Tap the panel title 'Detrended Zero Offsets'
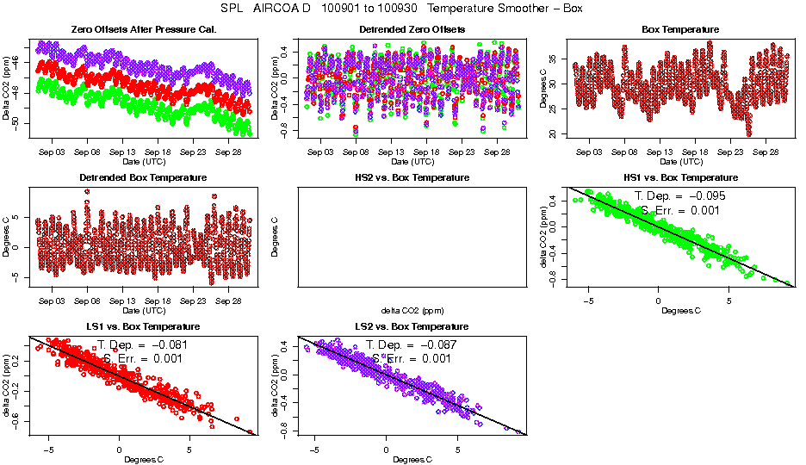(x=412, y=29)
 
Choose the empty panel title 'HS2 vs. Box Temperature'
(x=412, y=177)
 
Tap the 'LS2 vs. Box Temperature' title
(x=412, y=326)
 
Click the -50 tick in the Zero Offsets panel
(x=16, y=123)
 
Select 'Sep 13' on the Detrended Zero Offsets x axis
(x=391, y=152)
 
